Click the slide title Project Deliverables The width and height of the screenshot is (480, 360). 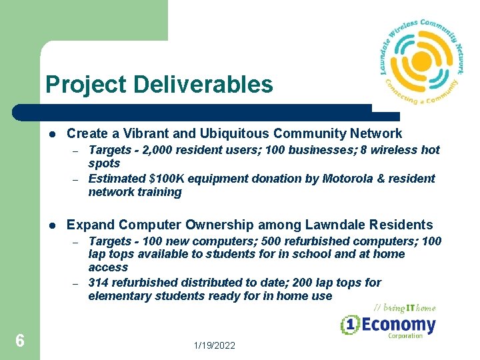(159, 85)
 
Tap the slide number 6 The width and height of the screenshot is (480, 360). (20, 341)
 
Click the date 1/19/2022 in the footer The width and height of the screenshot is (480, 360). (214, 345)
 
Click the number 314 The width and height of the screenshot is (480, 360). (99, 283)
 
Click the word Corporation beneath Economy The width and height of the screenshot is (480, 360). (405, 336)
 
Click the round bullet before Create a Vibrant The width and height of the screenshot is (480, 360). (52, 135)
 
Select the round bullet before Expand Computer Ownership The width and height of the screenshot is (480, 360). (52, 226)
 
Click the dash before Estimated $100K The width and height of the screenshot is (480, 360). (76, 179)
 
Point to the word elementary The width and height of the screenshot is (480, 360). (114, 296)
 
